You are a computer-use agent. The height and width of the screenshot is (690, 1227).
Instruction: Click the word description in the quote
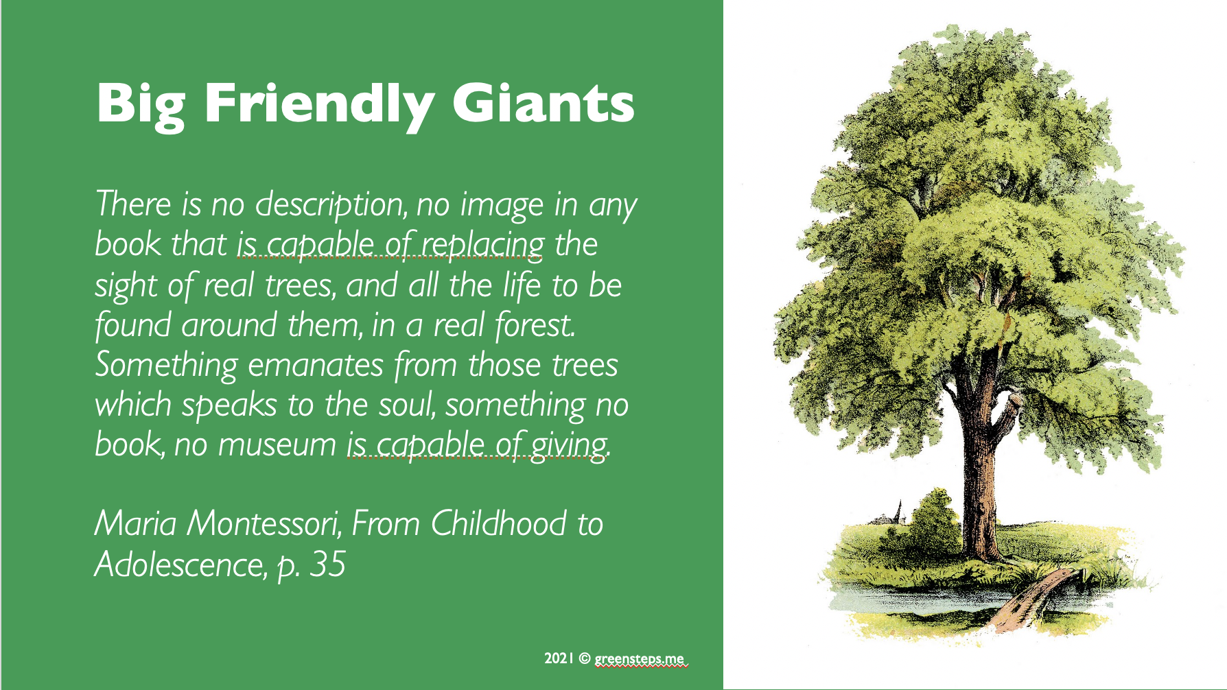[331, 205]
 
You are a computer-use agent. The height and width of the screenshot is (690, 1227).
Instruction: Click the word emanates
[315, 366]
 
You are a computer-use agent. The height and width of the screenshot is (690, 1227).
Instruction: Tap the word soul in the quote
[408, 405]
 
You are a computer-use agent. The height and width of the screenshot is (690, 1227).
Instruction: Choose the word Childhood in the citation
[499, 523]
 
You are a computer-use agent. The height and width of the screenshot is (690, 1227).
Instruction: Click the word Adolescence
[179, 564]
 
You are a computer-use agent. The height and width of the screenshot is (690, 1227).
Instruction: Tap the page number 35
[327, 564]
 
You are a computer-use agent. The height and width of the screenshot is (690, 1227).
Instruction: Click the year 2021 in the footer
[559, 658]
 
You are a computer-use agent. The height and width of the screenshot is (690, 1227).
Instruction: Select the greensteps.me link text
[640, 659]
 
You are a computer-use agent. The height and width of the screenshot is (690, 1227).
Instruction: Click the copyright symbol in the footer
[584, 658]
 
